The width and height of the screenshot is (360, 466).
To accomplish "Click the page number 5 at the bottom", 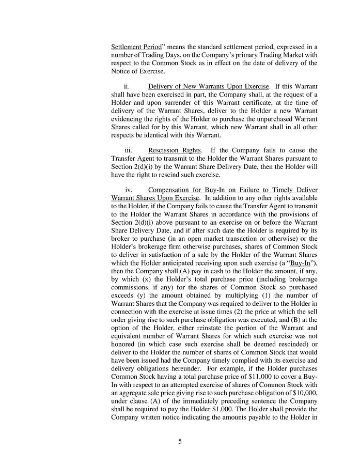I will tap(180, 442).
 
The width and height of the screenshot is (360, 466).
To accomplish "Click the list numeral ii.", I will tap(127, 86).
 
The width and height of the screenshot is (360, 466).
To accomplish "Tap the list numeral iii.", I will tap(128, 150).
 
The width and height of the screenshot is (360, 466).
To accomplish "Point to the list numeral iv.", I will tap(129, 190).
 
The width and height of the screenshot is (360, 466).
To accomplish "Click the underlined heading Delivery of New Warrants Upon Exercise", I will tap(209, 86).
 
